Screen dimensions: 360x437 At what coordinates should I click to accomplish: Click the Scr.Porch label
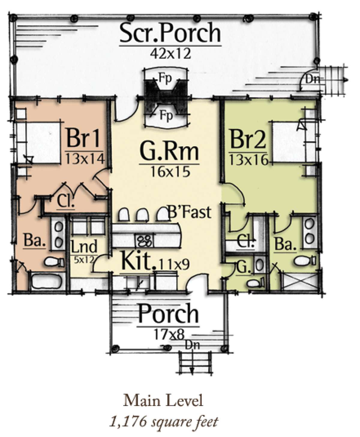click(170, 34)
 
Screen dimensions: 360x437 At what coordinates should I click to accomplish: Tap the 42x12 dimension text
click(170, 54)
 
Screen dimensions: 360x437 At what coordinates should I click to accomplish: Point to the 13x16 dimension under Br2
click(248, 161)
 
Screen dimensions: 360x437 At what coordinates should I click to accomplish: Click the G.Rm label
click(169, 152)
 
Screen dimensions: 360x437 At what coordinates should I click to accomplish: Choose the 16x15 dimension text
click(170, 172)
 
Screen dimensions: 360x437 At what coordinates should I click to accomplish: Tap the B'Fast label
click(190, 212)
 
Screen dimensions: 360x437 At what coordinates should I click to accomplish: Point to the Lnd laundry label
click(84, 247)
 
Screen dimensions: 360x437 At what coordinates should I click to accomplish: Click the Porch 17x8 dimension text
click(169, 334)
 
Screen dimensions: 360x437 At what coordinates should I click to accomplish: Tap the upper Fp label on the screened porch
click(165, 78)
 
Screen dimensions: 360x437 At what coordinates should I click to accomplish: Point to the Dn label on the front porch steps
click(192, 345)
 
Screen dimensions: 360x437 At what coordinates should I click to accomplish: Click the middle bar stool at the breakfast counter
click(142, 215)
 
